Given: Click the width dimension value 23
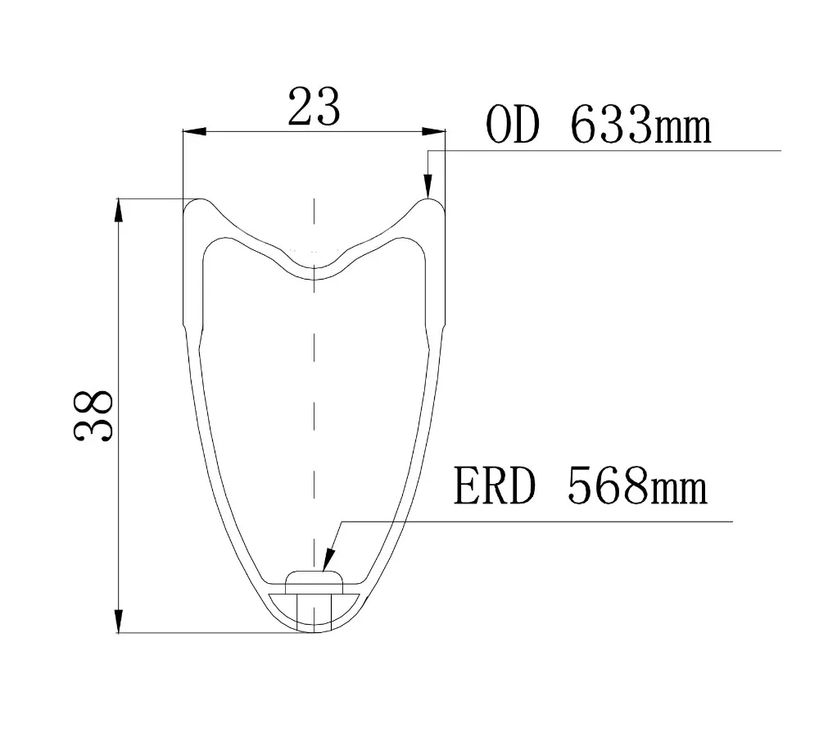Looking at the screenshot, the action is pos(314,107).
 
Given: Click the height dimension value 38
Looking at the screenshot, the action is pos(93,416).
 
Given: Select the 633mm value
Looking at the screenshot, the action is pos(641,125).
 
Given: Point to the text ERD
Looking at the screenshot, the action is pos(494,485).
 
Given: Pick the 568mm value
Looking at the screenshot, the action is pos(637,485).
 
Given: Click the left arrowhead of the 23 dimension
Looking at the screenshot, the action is pos(193,131).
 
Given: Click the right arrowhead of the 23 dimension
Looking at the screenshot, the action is pos(434,131).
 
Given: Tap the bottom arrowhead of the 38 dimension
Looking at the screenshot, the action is pos(119,622).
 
